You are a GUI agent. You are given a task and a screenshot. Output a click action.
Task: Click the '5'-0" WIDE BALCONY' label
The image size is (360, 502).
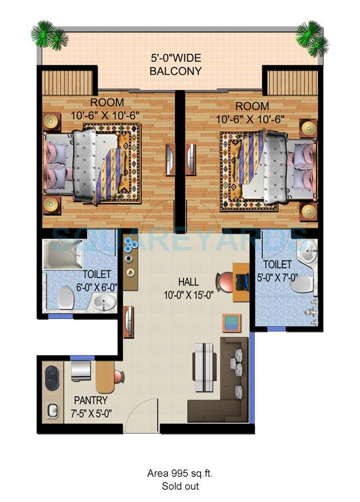[x=175, y=65]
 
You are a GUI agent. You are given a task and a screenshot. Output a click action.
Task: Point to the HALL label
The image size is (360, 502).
[x=188, y=281]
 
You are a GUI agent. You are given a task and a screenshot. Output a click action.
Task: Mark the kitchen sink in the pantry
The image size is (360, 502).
[x=53, y=410]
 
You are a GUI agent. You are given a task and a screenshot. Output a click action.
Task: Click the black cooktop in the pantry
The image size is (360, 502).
[x=52, y=375]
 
